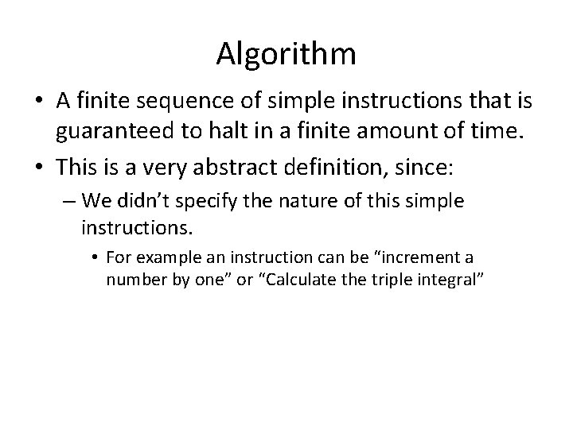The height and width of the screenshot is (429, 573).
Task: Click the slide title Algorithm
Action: point(286,55)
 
